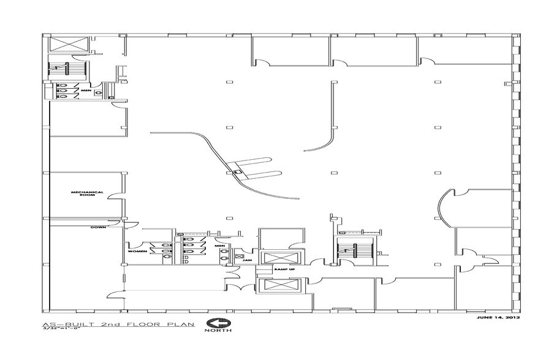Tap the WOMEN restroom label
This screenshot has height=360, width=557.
click(x=136, y=252)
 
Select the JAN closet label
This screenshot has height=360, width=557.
click(x=247, y=260)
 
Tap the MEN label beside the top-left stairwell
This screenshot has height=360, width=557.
click(x=86, y=90)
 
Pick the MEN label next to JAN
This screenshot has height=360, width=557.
click(x=219, y=247)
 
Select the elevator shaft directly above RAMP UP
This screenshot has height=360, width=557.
click(x=279, y=258)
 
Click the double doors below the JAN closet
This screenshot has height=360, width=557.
click(x=234, y=282)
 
